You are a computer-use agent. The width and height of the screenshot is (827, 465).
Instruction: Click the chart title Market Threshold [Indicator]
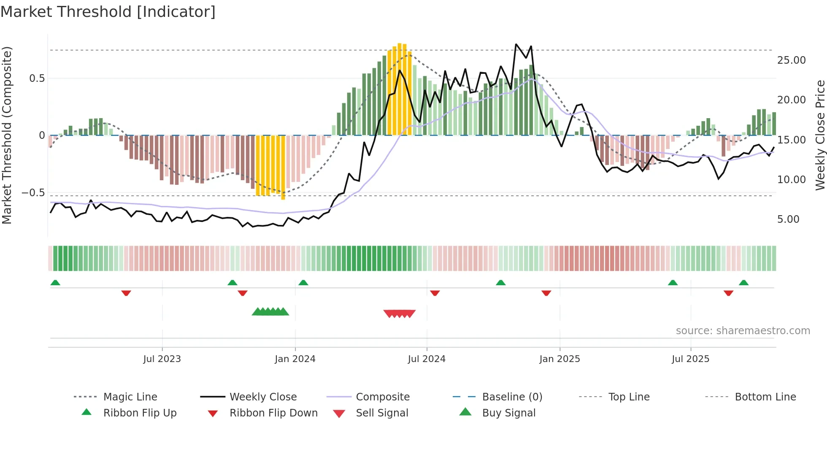108,12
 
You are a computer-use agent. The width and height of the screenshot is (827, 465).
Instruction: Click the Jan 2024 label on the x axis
295,359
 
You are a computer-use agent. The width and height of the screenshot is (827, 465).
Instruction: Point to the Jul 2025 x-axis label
690,359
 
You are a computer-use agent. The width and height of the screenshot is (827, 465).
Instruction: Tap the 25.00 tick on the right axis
791,60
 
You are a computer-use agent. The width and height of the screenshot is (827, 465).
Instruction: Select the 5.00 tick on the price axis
788,219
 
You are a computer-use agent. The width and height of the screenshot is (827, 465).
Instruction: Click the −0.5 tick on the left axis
33,193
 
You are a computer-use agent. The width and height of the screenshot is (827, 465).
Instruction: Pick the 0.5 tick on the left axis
37,78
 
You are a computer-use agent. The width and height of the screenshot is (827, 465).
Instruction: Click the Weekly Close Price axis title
820,135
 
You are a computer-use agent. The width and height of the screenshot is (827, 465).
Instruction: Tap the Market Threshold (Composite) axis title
7,135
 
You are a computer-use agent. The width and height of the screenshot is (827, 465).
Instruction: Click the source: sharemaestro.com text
743,331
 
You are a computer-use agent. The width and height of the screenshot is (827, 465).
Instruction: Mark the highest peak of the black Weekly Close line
516,44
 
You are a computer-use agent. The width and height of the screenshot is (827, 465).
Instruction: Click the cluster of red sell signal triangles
400,314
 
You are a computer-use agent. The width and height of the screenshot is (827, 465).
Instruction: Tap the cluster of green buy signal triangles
270,312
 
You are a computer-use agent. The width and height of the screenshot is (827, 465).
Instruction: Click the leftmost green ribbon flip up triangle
55,283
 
